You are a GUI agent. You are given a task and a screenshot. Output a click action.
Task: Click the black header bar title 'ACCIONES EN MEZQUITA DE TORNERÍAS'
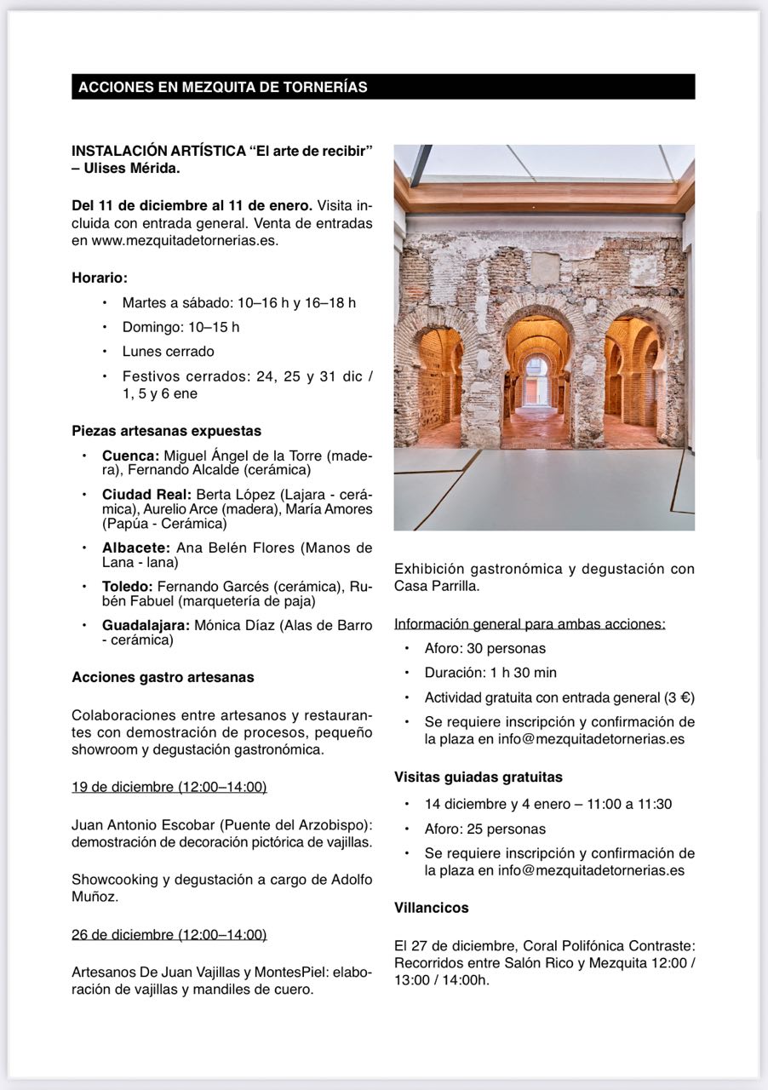tap(223, 87)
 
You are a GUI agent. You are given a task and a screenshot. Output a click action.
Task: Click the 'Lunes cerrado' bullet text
tap(168, 351)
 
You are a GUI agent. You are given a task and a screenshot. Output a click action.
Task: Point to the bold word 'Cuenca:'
tap(130, 456)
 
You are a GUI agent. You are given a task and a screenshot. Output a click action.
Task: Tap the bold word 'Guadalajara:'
tap(145, 625)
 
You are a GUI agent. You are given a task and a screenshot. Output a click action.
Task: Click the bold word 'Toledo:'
tap(128, 586)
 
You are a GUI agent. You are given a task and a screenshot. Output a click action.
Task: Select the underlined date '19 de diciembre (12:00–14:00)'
tap(169, 786)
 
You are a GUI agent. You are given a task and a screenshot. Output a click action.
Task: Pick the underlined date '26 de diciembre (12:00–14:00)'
tap(169, 934)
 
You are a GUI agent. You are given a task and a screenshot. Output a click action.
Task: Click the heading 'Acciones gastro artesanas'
tap(163, 677)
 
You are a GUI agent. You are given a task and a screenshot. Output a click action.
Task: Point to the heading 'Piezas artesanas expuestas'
tap(166, 431)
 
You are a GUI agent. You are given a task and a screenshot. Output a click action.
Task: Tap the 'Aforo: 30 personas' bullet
tap(485, 648)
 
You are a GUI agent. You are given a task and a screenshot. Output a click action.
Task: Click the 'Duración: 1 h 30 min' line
tap(490, 673)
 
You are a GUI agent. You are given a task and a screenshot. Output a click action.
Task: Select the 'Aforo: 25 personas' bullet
tap(485, 829)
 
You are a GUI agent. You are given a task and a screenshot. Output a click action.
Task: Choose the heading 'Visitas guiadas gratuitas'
tap(478, 777)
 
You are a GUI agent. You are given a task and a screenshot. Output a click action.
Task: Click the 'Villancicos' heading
tap(431, 908)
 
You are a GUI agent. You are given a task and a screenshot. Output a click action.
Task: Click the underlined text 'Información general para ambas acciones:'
tap(530, 623)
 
